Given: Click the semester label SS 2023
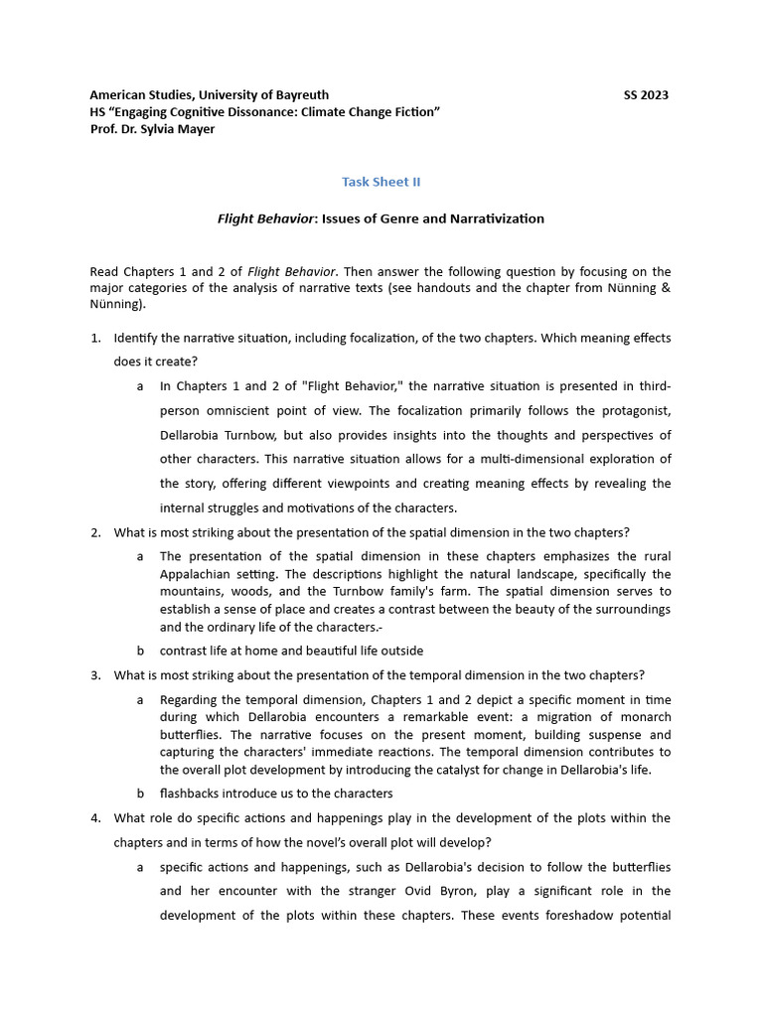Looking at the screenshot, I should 646,95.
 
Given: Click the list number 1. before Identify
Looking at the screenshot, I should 95,338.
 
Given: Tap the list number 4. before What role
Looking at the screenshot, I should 95,817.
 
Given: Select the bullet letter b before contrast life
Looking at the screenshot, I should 140,651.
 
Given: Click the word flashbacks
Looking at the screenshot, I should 192,794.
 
